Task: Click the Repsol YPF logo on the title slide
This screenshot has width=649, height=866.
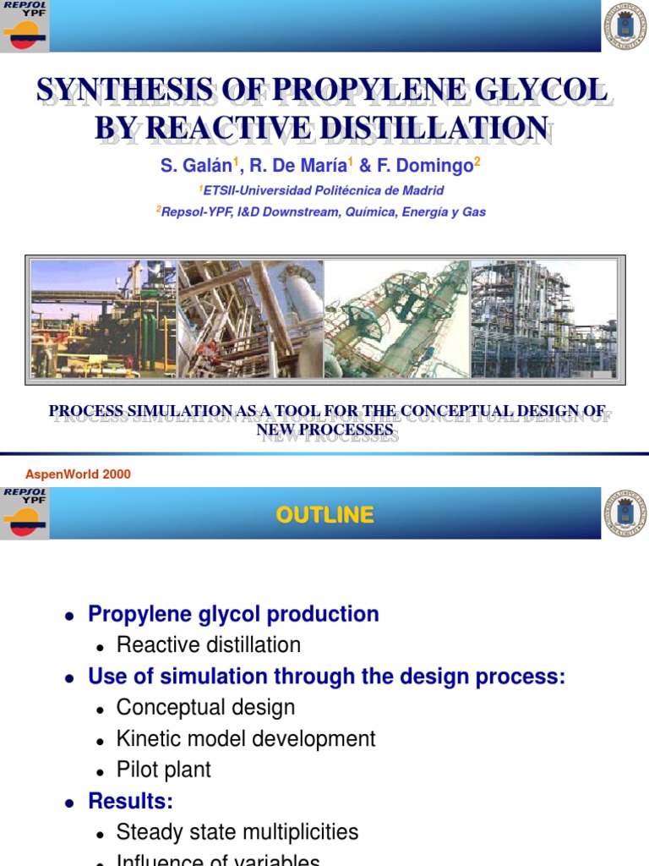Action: tap(25, 26)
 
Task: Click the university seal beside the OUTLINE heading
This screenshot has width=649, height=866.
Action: tap(624, 513)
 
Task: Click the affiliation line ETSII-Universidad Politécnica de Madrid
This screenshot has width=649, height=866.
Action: tap(323, 190)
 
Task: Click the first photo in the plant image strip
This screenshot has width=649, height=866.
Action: tap(103, 318)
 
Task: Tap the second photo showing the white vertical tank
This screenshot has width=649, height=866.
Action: tap(250, 318)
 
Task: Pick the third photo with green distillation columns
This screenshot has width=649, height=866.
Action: tap(396, 318)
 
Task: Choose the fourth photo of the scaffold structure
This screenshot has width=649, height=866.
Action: tap(543, 318)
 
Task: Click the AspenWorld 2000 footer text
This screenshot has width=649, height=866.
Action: tap(78, 474)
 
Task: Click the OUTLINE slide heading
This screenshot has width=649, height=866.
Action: tap(324, 515)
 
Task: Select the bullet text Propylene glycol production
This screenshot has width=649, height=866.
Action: tap(233, 614)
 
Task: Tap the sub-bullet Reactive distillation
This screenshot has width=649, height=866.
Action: tap(209, 645)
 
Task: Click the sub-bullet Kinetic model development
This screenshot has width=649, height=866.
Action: tap(246, 739)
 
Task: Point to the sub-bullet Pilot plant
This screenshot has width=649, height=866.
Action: tap(164, 770)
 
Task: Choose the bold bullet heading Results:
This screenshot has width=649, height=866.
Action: tap(130, 801)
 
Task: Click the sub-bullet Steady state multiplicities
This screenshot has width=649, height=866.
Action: tap(237, 832)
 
